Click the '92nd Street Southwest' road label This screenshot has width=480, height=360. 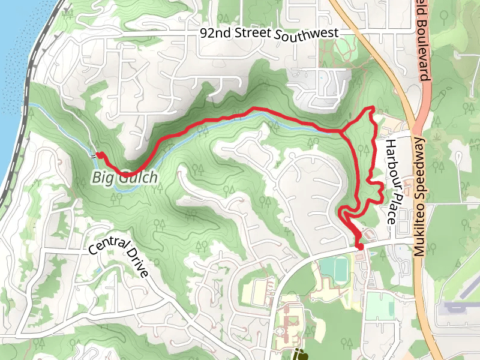pos(269,34)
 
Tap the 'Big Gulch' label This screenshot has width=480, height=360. pos(125,178)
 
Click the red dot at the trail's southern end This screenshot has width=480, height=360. pos(360,247)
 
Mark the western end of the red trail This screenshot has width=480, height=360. pos(98,155)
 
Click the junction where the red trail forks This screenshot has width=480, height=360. pos(341,131)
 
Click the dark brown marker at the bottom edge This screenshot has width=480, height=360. pos(300,355)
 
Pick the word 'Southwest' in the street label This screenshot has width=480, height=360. pos(307,34)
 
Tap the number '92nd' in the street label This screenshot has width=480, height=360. pos(215,33)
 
